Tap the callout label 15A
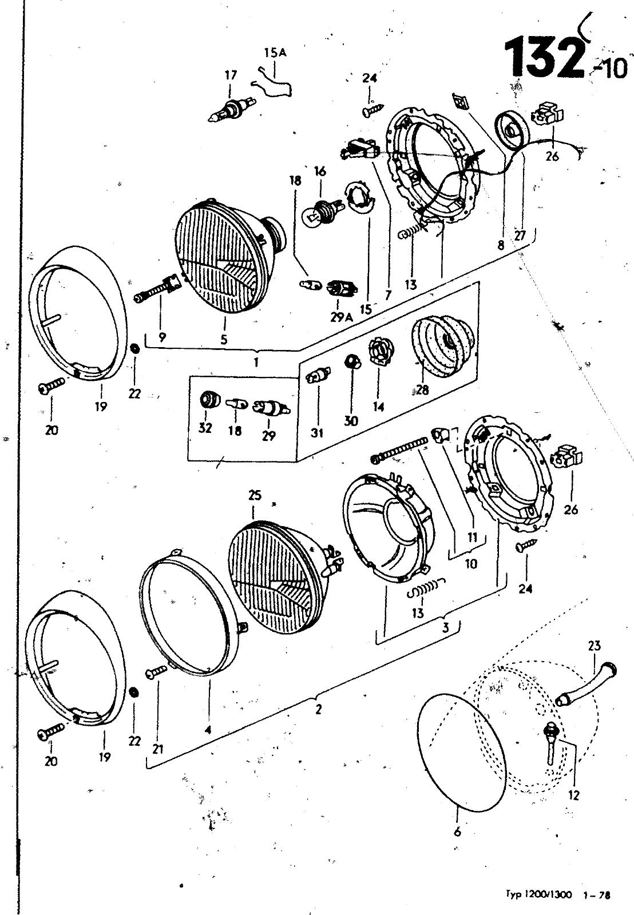coord(275,53)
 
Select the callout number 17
coord(231,75)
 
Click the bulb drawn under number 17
coord(231,110)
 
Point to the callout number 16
coord(320,171)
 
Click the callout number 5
coord(224,340)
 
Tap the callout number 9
coord(163,337)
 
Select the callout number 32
coord(205,428)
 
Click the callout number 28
coord(423,389)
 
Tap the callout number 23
coord(595,646)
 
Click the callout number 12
coord(574,795)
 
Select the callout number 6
coord(457,832)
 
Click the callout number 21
coord(158,749)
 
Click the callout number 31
coord(317,433)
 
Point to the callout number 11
coord(472,538)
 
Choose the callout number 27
coord(520,236)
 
